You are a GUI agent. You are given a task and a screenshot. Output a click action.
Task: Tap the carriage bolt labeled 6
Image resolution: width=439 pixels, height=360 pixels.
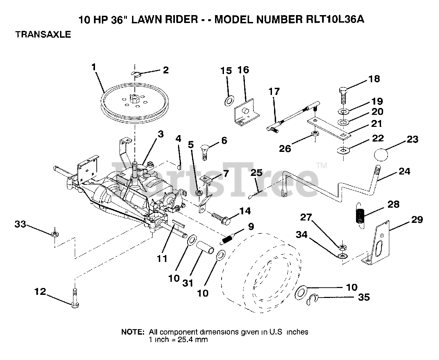tap(204, 152)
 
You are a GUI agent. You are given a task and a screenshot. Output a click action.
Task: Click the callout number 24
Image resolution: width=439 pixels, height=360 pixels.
tap(404, 171)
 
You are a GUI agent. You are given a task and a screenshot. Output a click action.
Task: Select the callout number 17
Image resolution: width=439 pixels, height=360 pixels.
tap(274, 92)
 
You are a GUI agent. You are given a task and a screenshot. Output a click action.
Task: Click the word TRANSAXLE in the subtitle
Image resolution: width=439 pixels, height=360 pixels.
tap(43, 34)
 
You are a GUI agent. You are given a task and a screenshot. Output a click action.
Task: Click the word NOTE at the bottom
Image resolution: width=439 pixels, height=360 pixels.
tap(133, 332)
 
